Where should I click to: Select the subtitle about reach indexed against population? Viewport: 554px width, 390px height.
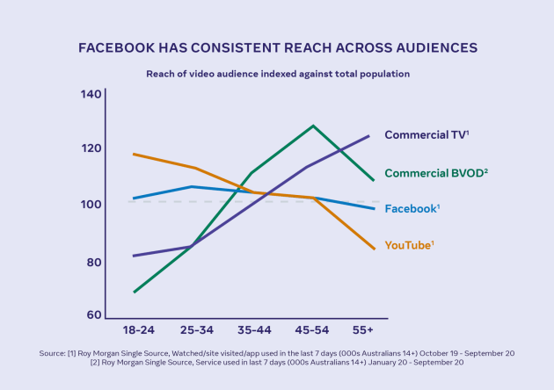pos(277,74)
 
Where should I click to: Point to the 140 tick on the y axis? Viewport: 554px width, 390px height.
pos(91,94)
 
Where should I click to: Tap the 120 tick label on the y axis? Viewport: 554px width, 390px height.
pos(91,148)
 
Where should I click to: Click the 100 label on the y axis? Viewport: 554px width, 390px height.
pos(91,205)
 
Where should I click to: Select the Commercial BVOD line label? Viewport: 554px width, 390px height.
pos(436,174)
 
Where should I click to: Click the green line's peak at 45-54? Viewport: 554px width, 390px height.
pos(312,126)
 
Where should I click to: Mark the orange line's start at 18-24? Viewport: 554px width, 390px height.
pos(134,155)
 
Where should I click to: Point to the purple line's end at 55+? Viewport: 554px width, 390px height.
pos(368,135)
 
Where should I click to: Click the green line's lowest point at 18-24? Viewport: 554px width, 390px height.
pos(134,292)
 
